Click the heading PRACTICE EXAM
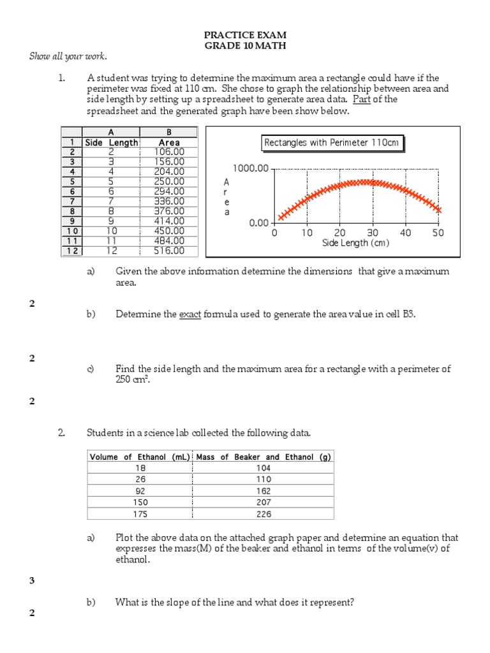click(x=245, y=34)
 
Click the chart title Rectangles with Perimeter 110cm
click(x=332, y=143)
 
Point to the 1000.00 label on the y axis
click(x=251, y=169)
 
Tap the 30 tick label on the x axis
click(x=373, y=233)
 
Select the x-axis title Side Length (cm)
click(x=355, y=243)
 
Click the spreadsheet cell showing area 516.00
click(x=169, y=251)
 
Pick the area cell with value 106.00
click(x=169, y=152)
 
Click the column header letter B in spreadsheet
click(x=169, y=132)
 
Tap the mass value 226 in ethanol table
click(x=264, y=513)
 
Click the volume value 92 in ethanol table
click(x=140, y=491)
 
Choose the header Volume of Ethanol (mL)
click(x=140, y=457)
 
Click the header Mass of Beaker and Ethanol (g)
click(x=264, y=457)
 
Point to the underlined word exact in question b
click(x=189, y=314)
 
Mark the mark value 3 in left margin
click(x=32, y=580)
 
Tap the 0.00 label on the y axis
click(x=259, y=223)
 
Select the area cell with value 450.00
click(x=169, y=231)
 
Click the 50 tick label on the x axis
click(x=438, y=233)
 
